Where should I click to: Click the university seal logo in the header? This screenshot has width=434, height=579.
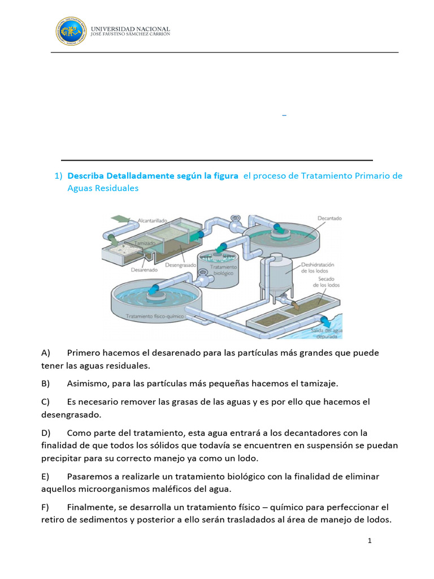click(x=72, y=31)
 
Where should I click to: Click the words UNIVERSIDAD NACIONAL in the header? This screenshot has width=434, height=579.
click(x=130, y=28)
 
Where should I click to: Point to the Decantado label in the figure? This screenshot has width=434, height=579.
click(x=329, y=218)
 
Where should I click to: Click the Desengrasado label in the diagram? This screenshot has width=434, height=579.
click(x=180, y=265)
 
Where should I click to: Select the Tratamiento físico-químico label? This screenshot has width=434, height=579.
click(x=155, y=317)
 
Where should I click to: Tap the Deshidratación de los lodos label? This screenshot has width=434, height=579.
click(x=319, y=267)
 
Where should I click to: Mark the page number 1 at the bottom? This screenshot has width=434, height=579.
click(x=370, y=541)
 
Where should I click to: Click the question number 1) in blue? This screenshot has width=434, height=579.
click(x=59, y=176)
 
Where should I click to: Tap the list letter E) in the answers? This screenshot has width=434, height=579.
click(x=46, y=477)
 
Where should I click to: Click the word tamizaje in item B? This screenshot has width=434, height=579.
click(x=318, y=384)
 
